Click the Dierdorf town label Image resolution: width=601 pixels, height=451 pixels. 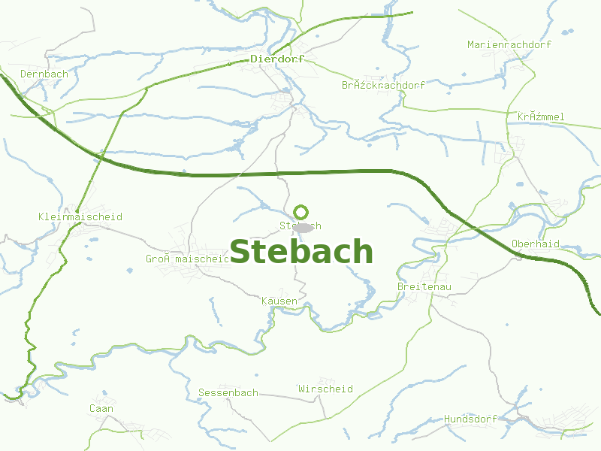(278, 59)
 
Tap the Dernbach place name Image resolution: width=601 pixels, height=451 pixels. (44, 74)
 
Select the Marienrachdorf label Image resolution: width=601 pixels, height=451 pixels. (509, 45)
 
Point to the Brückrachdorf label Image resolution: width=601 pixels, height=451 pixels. (383, 86)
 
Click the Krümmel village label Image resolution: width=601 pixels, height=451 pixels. (540, 117)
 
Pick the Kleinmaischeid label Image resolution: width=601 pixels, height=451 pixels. (80, 217)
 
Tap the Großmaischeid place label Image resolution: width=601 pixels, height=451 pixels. (187, 259)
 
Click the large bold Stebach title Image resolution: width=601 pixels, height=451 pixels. (301, 252)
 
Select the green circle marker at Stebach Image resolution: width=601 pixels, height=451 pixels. (301, 212)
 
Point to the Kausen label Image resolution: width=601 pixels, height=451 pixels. (279, 301)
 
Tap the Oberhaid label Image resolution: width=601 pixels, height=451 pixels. (535, 244)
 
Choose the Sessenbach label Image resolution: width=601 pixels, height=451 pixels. (228, 393)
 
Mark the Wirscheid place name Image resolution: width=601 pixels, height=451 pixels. (325, 389)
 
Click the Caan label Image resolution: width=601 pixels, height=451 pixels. (101, 409)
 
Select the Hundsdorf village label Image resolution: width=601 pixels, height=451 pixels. (470, 419)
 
